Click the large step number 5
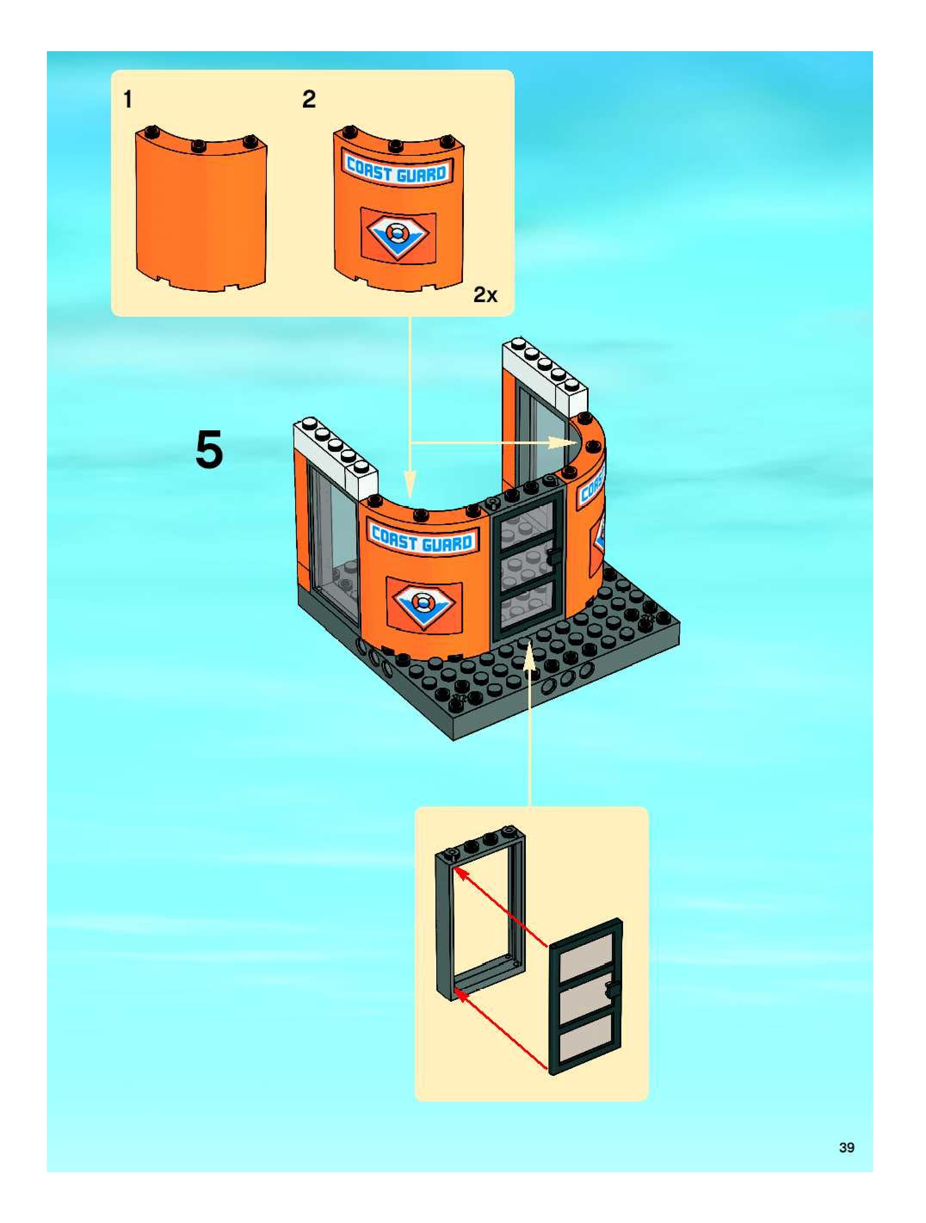click(x=210, y=450)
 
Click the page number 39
click(x=846, y=1148)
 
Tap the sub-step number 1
click(x=128, y=100)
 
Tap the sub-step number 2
click(x=309, y=100)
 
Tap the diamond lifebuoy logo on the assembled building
click(x=423, y=604)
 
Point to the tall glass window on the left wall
click(x=333, y=544)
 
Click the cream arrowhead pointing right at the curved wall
click(x=564, y=442)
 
